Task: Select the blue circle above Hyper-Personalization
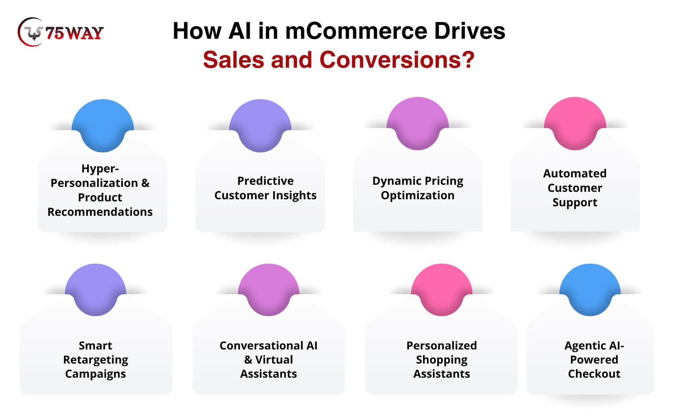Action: click(x=103, y=126)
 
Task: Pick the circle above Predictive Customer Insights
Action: click(x=260, y=126)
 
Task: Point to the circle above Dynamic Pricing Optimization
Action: click(x=418, y=123)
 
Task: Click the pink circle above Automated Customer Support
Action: click(x=575, y=123)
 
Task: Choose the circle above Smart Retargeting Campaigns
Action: click(x=96, y=290)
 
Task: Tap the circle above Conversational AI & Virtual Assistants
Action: click(x=269, y=290)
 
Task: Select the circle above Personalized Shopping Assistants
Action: click(x=442, y=290)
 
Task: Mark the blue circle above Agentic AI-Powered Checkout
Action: click(x=590, y=290)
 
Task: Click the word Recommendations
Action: click(x=100, y=212)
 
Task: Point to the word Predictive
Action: click(x=266, y=181)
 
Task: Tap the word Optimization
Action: click(x=418, y=195)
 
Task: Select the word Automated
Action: click(x=575, y=173)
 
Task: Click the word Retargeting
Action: click(x=96, y=360)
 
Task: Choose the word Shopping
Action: click(x=442, y=360)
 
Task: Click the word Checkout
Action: click(x=594, y=373)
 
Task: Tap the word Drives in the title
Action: click(x=470, y=31)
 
